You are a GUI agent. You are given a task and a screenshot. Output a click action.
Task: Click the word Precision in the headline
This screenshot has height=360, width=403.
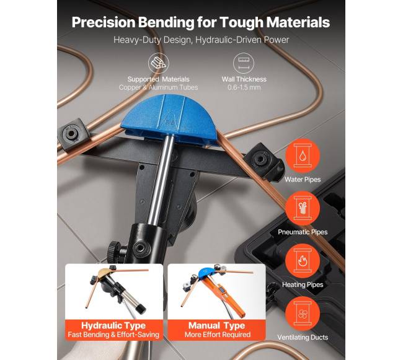tap(104, 22)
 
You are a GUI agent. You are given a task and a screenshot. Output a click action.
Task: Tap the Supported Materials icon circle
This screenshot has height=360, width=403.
tap(158, 63)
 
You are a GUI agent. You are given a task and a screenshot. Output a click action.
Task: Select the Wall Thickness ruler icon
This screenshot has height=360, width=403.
tap(244, 63)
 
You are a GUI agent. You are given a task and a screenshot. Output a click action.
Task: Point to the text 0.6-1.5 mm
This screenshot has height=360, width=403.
tap(244, 87)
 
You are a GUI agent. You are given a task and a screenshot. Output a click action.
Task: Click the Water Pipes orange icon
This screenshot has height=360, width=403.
tap(303, 156)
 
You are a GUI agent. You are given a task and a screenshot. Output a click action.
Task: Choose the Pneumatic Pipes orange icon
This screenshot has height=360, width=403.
tap(303, 208)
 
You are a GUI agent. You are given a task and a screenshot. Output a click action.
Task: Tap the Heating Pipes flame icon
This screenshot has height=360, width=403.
tap(303, 261)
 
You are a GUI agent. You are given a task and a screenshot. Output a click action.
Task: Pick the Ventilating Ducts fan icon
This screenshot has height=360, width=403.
tap(303, 314)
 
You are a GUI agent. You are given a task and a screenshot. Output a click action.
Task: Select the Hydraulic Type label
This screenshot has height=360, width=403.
tap(113, 325)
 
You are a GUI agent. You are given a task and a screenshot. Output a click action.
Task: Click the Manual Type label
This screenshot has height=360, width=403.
tap(216, 325)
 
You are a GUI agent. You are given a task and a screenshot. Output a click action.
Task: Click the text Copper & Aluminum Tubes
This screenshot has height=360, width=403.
tap(158, 87)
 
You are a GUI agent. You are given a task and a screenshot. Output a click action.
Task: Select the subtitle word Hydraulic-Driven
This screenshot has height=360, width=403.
tap(229, 40)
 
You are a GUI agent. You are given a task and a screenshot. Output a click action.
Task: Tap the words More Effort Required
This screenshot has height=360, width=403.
tap(218, 335)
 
